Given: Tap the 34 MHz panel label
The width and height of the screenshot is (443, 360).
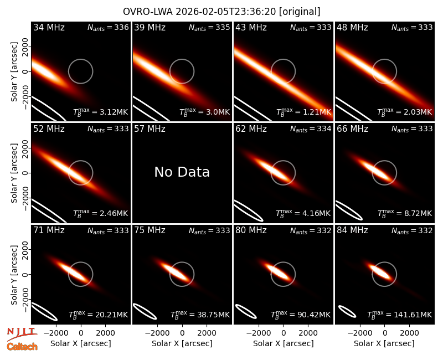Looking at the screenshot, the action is (x=49, y=27).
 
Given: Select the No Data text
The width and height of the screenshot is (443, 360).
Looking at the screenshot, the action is (x=182, y=172).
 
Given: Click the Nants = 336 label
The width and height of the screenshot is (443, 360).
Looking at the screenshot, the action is (x=108, y=27).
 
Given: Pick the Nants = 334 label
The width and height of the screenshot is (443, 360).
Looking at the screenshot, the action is (x=311, y=129).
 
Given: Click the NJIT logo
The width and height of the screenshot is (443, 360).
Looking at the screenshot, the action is (x=22, y=334).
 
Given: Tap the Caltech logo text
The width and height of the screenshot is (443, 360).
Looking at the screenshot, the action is (x=22, y=347).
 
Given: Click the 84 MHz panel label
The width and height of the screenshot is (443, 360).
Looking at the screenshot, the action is (x=352, y=230).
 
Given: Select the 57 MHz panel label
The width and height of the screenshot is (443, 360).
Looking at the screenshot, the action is (x=150, y=129).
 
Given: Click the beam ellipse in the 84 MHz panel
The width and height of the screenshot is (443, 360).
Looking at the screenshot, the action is (x=347, y=312).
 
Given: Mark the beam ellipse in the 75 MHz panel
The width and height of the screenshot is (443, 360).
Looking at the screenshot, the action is (x=145, y=311).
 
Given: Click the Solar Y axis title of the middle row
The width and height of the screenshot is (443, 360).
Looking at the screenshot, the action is (x=14, y=173).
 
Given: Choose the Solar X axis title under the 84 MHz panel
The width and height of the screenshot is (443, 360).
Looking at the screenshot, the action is (x=384, y=343).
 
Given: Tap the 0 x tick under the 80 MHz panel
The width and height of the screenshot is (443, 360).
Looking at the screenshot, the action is (x=284, y=333).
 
